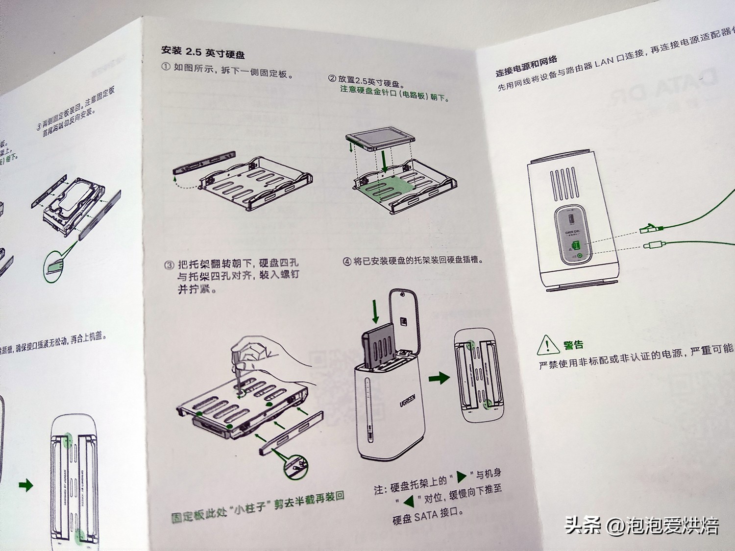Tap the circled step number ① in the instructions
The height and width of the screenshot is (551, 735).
point(167,67)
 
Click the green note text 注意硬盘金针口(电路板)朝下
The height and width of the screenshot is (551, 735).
point(394,94)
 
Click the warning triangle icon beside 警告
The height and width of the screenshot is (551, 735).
point(548,345)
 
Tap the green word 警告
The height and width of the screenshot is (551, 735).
point(573,345)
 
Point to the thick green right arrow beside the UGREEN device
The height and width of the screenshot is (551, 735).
point(439,378)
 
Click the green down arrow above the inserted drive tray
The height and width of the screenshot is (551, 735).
point(376,312)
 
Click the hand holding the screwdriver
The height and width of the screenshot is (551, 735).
point(265,352)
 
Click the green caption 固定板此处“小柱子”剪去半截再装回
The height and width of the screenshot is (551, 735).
point(257,507)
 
